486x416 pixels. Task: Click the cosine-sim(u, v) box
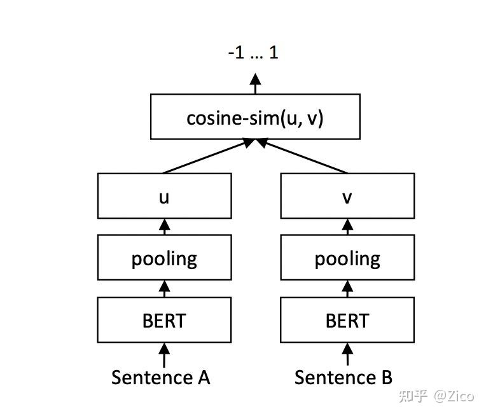255,117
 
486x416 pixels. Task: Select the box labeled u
164,197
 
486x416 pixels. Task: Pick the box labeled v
347,197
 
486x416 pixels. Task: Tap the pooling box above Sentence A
164,258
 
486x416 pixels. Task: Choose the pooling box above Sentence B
347,258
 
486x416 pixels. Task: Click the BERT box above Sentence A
164,320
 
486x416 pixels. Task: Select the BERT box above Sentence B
347,320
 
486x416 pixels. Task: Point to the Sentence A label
160,377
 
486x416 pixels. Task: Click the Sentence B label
344,377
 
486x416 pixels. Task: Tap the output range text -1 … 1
253,52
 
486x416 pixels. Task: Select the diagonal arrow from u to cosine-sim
207,157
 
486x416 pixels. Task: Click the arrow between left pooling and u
164,227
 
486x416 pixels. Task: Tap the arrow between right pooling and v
347,227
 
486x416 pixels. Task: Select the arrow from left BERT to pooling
164,289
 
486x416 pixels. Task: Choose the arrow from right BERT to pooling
347,289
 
